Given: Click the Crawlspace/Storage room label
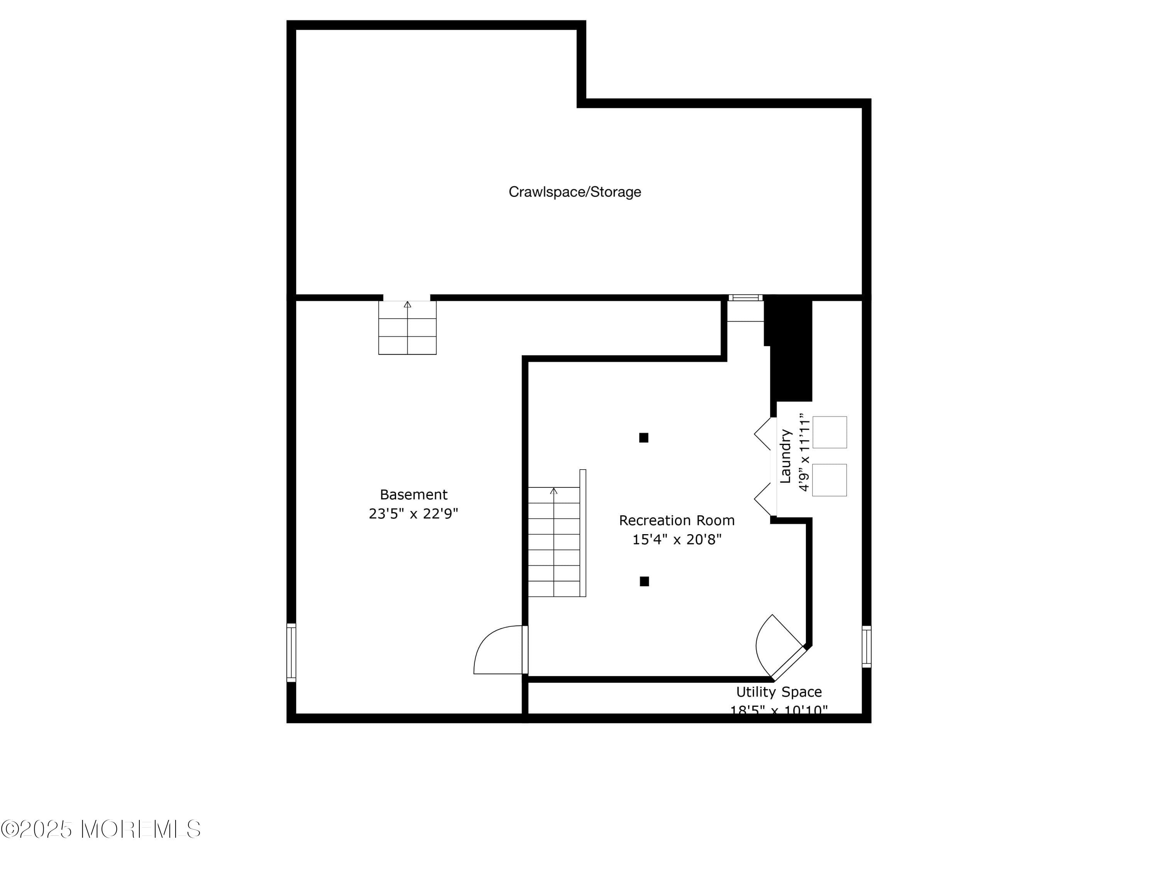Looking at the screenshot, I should tap(574, 192).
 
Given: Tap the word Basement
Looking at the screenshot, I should tap(413, 494).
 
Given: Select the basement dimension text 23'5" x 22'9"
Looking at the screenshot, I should tap(413, 514).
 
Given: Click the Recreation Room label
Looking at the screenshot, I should tap(676, 520).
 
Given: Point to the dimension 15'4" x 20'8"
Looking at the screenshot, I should tap(676, 540).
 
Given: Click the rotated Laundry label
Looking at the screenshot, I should tap(785, 456).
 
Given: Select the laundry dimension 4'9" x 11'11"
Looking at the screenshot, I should tap(804, 454).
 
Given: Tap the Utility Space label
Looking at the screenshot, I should tap(779, 692).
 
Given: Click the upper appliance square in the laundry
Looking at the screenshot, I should tap(829, 432).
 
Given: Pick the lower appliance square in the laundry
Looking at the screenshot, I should tap(829, 480).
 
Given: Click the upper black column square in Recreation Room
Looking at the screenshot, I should tap(644, 437).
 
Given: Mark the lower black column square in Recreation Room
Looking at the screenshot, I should tap(645, 581).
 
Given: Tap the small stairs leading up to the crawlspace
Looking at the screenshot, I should tap(407, 328).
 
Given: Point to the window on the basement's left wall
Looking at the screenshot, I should tap(291, 652).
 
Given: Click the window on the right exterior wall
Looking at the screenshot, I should tap(867, 647).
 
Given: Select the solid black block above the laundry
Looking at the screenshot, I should tap(791, 348).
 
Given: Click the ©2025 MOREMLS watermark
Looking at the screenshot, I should tap(100, 829).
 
